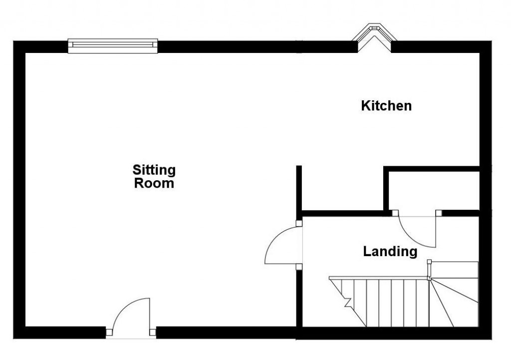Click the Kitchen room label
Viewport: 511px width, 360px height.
[386, 106]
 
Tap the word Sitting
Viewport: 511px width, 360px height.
[154, 170]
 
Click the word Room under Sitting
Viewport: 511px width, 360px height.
[154, 183]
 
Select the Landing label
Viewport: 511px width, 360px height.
[390, 251]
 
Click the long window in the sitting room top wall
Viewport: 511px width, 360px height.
[112, 46]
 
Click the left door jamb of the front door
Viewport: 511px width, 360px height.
[109, 331]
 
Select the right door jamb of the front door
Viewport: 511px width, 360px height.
[153, 331]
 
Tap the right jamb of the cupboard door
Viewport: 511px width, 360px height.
[439, 213]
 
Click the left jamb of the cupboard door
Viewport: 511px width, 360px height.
[394, 213]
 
